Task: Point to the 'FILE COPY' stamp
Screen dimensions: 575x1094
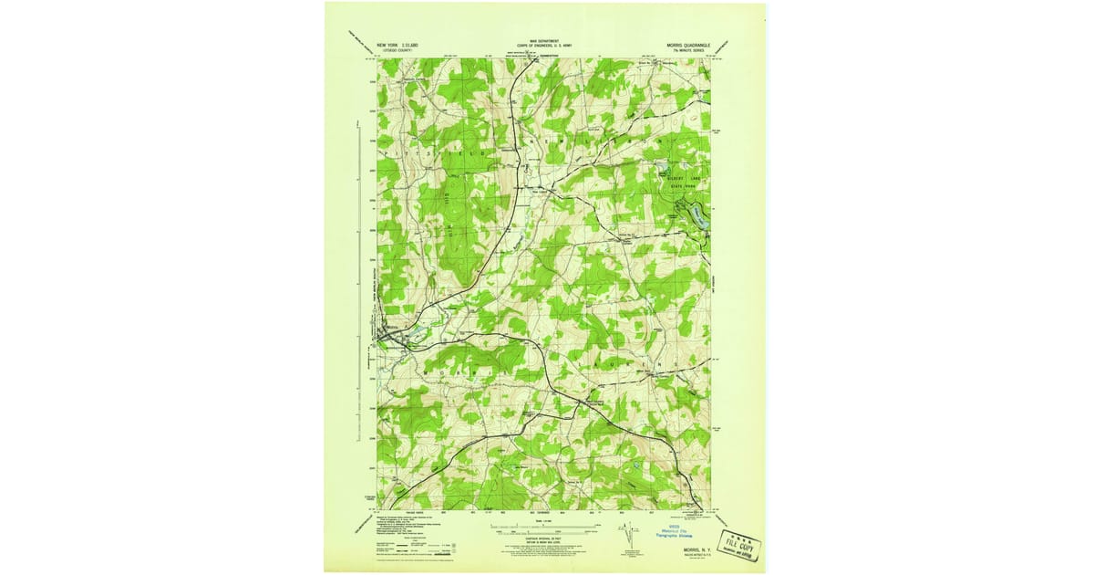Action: point(739,545)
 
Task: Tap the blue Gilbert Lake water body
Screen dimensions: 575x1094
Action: point(699,215)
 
